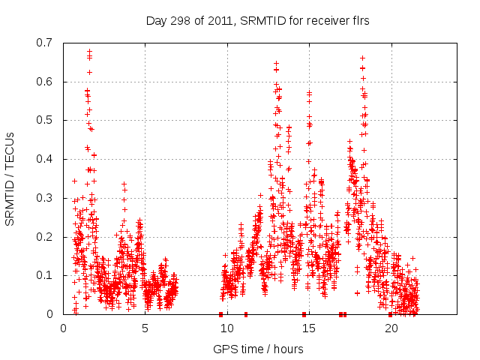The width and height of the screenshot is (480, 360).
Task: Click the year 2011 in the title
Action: pyautogui.click(x=217, y=20)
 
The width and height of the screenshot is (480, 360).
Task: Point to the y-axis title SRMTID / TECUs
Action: pyautogui.click(x=10, y=178)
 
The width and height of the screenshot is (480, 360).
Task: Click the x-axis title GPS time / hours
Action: pyautogui.click(x=258, y=349)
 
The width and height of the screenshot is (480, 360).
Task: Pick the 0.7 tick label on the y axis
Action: pyautogui.click(x=43, y=43)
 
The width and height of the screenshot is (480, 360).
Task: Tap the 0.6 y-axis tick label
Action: pyautogui.click(x=43, y=82)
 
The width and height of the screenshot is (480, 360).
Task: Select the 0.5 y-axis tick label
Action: pyautogui.click(x=43, y=120)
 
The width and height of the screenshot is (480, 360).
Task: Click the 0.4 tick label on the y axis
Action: pyautogui.click(x=43, y=159)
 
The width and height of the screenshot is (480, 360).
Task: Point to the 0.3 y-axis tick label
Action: pyautogui.click(x=43, y=198)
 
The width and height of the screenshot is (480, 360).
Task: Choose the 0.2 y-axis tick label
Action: pyautogui.click(x=43, y=237)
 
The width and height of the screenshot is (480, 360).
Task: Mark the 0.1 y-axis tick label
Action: pyautogui.click(x=43, y=275)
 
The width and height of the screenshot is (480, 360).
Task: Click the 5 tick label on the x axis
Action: pyautogui.click(x=145, y=328)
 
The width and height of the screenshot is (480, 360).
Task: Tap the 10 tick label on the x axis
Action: pyautogui.click(x=226, y=328)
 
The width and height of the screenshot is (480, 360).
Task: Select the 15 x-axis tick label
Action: pyautogui.click(x=308, y=328)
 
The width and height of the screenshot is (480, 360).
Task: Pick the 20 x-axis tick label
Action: pyautogui.click(x=391, y=328)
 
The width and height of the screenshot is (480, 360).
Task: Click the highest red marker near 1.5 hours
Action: pyautogui.click(x=89, y=52)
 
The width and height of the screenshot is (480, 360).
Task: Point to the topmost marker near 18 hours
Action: pyautogui.click(x=362, y=58)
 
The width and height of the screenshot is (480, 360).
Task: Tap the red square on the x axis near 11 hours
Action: pyautogui.click(x=246, y=314)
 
